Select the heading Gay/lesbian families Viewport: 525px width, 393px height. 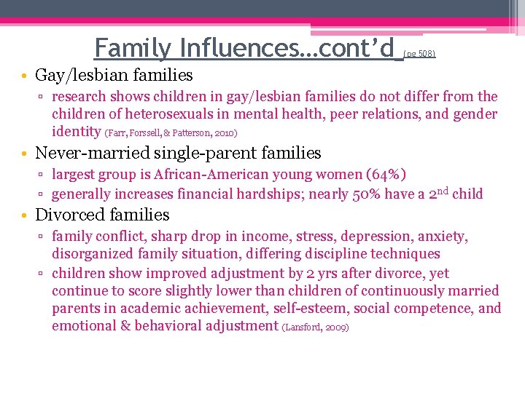[114, 75]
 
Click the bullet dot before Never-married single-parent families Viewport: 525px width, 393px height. [24, 154]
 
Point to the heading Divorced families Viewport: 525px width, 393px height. [102, 215]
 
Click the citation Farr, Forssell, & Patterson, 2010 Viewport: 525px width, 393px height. [171, 134]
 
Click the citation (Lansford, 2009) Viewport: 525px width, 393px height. [315, 327]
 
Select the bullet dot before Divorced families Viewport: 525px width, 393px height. [24, 215]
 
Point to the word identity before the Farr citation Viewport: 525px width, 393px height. [76, 132]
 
